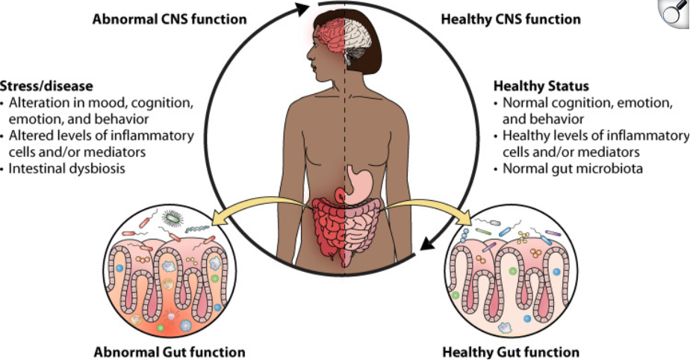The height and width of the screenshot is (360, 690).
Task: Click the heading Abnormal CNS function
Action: click(x=169, y=19)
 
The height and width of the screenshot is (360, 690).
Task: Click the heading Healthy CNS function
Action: click(x=511, y=19)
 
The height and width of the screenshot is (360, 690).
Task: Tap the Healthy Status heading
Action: click(x=541, y=86)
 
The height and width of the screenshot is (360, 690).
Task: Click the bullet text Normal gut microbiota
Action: click(x=573, y=168)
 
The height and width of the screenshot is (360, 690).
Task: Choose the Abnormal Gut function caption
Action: click(x=170, y=351)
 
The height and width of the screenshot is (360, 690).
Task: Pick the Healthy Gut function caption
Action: click(x=511, y=351)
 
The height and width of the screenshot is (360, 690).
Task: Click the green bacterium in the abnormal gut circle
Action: click(x=174, y=219)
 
